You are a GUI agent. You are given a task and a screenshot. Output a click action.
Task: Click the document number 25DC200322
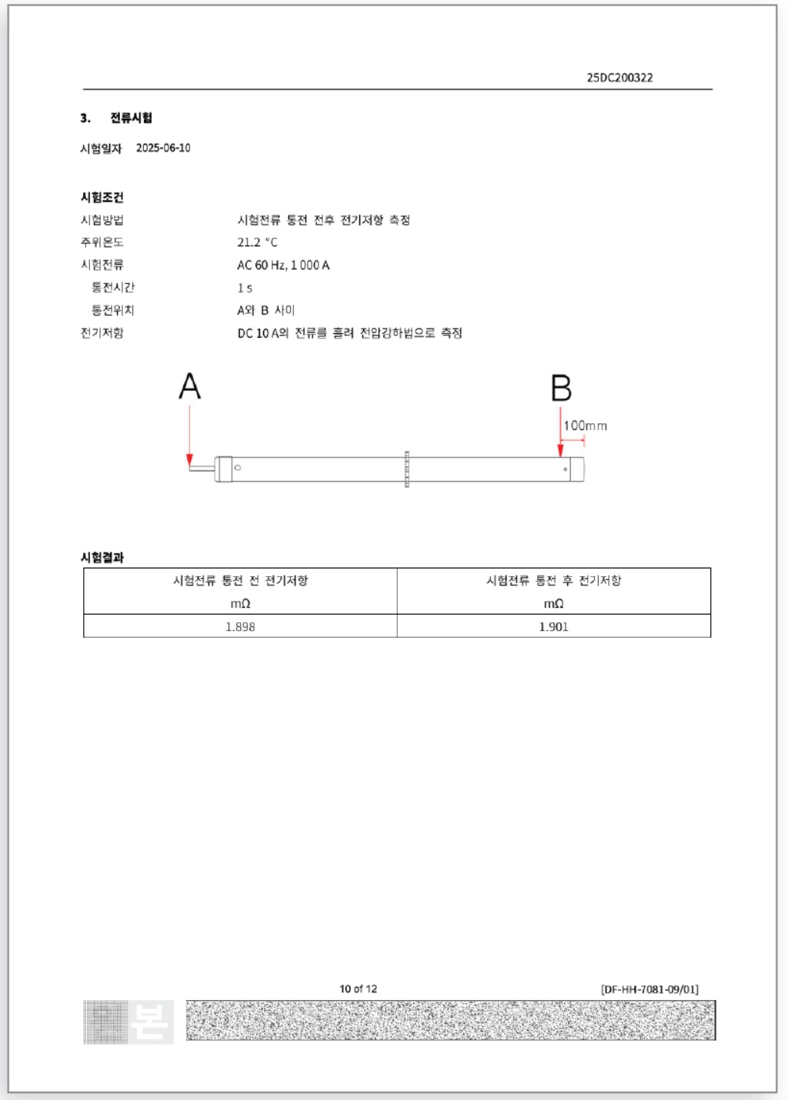pyautogui.click(x=619, y=78)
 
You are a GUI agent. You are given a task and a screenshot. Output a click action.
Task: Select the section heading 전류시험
pyautogui.click(x=131, y=118)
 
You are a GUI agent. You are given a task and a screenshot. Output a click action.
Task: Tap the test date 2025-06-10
pyautogui.click(x=163, y=148)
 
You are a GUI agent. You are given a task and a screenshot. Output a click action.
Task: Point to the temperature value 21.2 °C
pyautogui.click(x=257, y=242)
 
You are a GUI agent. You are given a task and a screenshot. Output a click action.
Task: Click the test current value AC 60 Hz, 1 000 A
pyautogui.click(x=283, y=265)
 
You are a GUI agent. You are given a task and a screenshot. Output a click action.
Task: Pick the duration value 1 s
pyautogui.click(x=245, y=288)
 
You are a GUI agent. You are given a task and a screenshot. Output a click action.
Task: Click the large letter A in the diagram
pyautogui.click(x=189, y=386)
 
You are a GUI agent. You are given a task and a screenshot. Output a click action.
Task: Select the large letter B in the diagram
pyautogui.click(x=561, y=388)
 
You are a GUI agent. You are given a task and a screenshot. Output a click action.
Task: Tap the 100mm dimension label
pyautogui.click(x=585, y=425)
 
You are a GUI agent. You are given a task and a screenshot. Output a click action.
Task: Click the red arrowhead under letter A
pyautogui.click(x=189, y=460)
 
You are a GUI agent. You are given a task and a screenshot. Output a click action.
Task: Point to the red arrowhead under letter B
pyautogui.click(x=560, y=451)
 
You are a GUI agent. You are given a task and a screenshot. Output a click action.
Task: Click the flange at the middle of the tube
pyautogui.click(x=406, y=469)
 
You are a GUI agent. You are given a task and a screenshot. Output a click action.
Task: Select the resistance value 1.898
pyautogui.click(x=240, y=627)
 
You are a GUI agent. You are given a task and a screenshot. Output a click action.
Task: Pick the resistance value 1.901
pyautogui.click(x=553, y=627)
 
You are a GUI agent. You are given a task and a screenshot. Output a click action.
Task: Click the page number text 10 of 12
pyautogui.click(x=358, y=988)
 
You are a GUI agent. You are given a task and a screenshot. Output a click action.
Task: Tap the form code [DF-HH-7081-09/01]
pyautogui.click(x=649, y=989)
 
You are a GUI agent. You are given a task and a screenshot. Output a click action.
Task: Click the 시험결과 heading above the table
pyautogui.click(x=102, y=557)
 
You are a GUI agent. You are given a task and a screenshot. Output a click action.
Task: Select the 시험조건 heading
pyautogui.click(x=102, y=198)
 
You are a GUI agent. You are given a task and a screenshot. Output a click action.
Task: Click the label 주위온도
pyautogui.click(x=102, y=242)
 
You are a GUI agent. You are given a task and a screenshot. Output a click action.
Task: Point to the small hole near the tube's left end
pyautogui.click(x=238, y=468)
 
